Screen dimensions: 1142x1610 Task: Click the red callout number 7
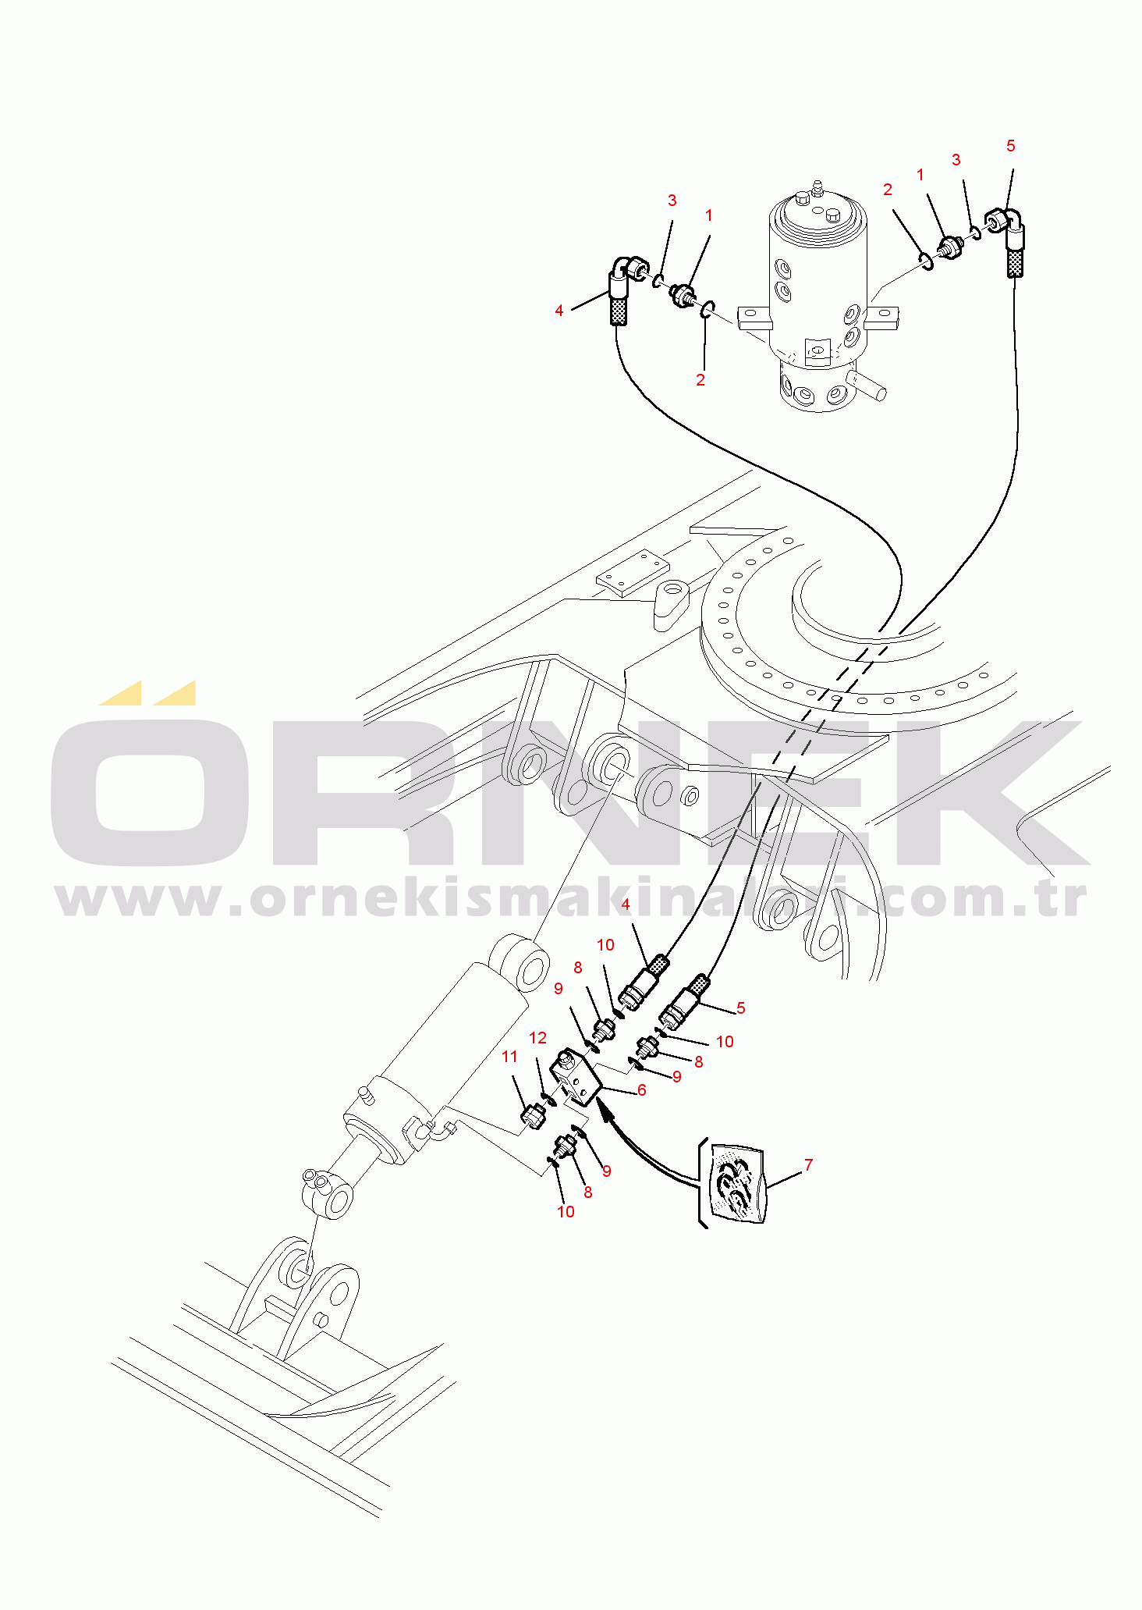(x=808, y=1165)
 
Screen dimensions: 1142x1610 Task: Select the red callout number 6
(x=641, y=1090)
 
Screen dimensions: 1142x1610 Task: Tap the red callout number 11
(x=509, y=1057)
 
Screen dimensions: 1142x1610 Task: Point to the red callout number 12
(x=537, y=1038)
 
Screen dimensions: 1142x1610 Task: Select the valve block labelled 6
(x=576, y=1079)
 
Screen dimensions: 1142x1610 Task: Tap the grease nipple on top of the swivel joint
(x=817, y=187)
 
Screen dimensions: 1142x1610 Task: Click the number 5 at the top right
(x=1011, y=146)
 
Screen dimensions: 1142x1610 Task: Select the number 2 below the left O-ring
(x=700, y=380)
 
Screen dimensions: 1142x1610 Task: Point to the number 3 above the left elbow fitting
(x=672, y=201)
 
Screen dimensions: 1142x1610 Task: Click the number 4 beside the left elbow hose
(x=559, y=311)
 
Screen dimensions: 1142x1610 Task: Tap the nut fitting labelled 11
(x=533, y=1116)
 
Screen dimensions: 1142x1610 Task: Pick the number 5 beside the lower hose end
(x=740, y=1008)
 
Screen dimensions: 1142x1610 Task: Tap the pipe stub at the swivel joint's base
(x=867, y=386)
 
